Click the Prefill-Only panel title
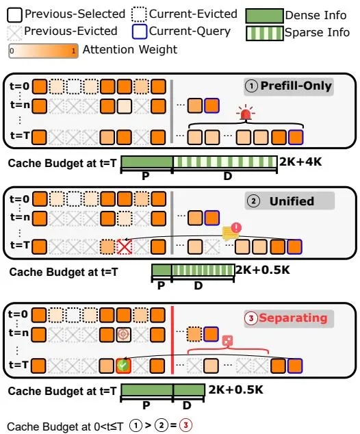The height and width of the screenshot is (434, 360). (x=289, y=86)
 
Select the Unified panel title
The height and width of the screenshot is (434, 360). (x=290, y=201)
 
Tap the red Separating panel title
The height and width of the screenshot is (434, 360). (x=289, y=318)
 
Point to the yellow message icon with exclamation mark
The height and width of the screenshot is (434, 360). (x=232, y=231)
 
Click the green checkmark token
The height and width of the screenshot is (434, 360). (x=123, y=366)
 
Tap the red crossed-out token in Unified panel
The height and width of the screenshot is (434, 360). (x=125, y=246)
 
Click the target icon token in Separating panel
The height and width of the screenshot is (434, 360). (x=123, y=334)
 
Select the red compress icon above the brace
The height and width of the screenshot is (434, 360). (x=227, y=341)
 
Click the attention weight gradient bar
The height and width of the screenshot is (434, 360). (x=43, y=51)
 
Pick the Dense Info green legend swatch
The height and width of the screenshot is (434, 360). (x=265, y=16)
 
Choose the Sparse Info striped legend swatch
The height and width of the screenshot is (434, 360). (x=265, y=34)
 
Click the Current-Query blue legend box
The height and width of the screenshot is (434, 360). (x=140, y=31)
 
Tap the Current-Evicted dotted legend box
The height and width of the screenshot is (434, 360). (x=139, y=14)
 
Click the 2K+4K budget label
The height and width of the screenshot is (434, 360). (x=300, y=162)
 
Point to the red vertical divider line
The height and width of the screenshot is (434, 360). (x=172, y=340)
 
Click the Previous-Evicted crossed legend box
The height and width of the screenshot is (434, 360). (x=14, y=33)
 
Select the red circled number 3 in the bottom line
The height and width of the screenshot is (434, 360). (x=185, y=425)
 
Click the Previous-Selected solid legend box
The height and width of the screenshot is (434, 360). (x=14, y=15)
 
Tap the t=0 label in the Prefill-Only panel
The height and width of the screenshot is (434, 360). (x=19, y=86)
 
